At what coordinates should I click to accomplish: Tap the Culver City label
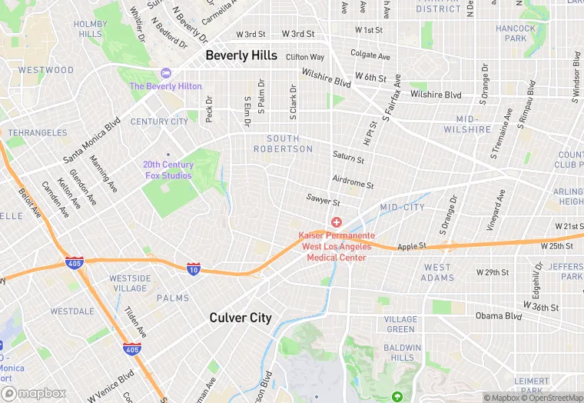(x=241, y=318)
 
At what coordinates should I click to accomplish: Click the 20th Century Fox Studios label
(x=168, y=170)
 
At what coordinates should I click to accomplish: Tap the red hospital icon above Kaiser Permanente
(x=336, y=222)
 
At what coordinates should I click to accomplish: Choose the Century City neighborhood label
(x=159, y=122)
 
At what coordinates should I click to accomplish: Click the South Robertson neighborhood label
(x=283, y=144)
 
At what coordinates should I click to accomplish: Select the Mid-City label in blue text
(x=402, y=208)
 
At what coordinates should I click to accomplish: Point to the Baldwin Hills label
(x=402, y=352)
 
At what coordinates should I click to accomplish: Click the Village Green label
(x=400, y=324)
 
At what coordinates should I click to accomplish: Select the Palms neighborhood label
(x=173, y=298)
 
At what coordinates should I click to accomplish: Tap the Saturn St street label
(x=348, y=157)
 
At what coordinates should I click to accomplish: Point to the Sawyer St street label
(x=323, y=201)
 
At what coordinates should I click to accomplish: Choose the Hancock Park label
(x=516, y=33)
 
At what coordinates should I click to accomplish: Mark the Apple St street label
(x=411, y=247)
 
